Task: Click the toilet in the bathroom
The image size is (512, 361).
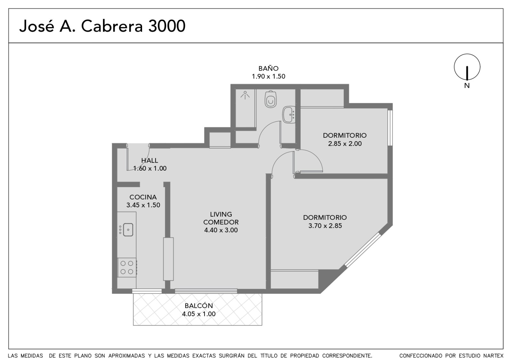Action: (x=271, y=99)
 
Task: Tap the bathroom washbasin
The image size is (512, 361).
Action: (x=289, y=115)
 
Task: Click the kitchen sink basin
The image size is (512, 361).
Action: (x=128, y=230)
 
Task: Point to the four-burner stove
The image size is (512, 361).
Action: (x=127, y=267)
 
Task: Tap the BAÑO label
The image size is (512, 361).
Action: (x=268, y=68)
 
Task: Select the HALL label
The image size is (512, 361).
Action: (x=149, y=160)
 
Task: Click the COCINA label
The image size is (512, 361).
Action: (x=143, y=197)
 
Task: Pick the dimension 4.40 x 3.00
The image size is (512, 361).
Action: (x=221, y=230)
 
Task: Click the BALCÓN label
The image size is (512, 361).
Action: (x=199, y=305)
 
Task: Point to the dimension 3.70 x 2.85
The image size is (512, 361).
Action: (x=325, y=226)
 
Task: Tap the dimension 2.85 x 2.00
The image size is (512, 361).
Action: (x=345, y=143)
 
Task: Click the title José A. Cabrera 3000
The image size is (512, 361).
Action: (x=102, y=26)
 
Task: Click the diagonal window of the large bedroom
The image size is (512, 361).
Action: (x=363, y=250)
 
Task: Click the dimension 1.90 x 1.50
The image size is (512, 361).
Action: (x=268, y=76)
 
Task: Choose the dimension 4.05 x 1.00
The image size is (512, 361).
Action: (x=199, y=314)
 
